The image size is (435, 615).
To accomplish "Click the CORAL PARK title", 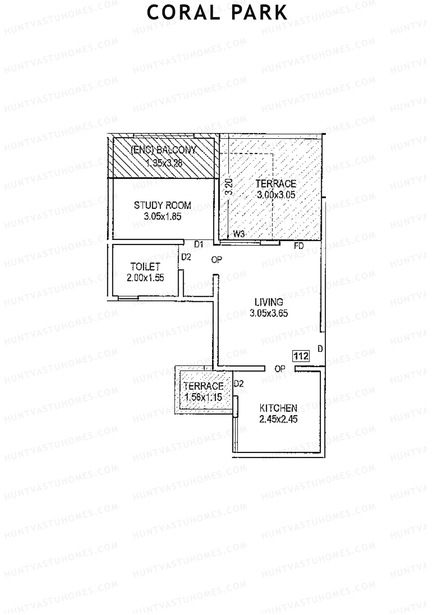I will coord(217,13).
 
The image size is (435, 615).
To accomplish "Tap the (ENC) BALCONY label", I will coord(163,150).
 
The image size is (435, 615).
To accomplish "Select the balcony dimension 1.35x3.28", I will coord(164,163).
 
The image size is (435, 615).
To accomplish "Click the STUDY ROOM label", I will coord(162,205).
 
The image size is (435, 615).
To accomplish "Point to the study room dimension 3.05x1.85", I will coord(162,217).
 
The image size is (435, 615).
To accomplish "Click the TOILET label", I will coord(145,267).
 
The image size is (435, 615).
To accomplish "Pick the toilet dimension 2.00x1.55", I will coord(145,278).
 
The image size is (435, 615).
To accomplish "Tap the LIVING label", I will coord(269,302).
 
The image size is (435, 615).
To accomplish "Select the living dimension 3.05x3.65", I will coord(269,313).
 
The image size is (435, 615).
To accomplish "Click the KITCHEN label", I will coord(278,408).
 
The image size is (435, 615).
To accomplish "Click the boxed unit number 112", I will coord(301,356).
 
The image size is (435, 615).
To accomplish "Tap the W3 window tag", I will coord(239,234).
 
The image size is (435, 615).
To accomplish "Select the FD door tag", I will coord(299,246).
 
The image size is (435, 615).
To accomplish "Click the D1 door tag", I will coord(199,244).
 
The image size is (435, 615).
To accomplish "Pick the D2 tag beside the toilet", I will coord(186,257).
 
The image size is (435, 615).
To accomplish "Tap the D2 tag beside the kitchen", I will coord(239,384).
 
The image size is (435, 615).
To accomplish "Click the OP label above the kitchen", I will coord(280,369).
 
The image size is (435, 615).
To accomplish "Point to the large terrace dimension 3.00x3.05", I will coord(276,195).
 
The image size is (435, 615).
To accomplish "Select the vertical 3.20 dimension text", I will coord(229,187).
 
